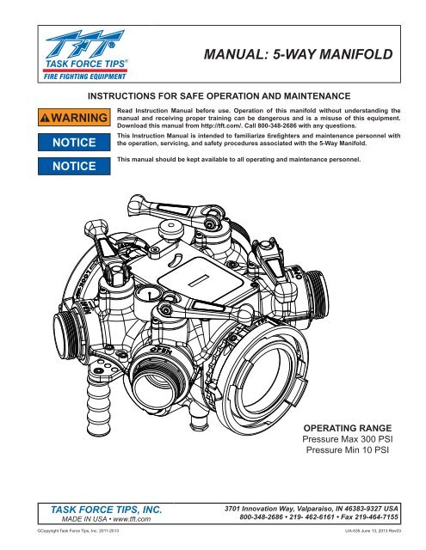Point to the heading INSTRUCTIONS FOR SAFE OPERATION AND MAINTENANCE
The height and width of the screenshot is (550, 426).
[213, 89]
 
